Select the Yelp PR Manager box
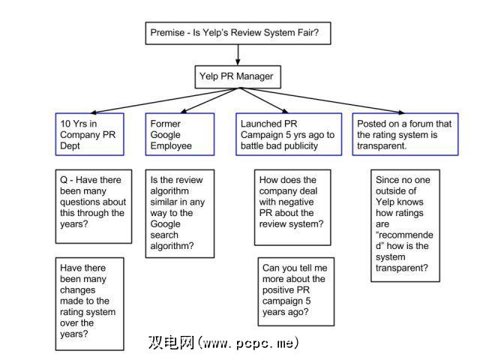coord(236,76)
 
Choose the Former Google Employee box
coord(179,134)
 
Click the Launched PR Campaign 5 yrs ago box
coord(289,134)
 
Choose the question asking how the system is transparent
coord(406,225)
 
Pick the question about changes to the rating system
coord(90,301)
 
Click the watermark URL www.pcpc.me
coord(250,343)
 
